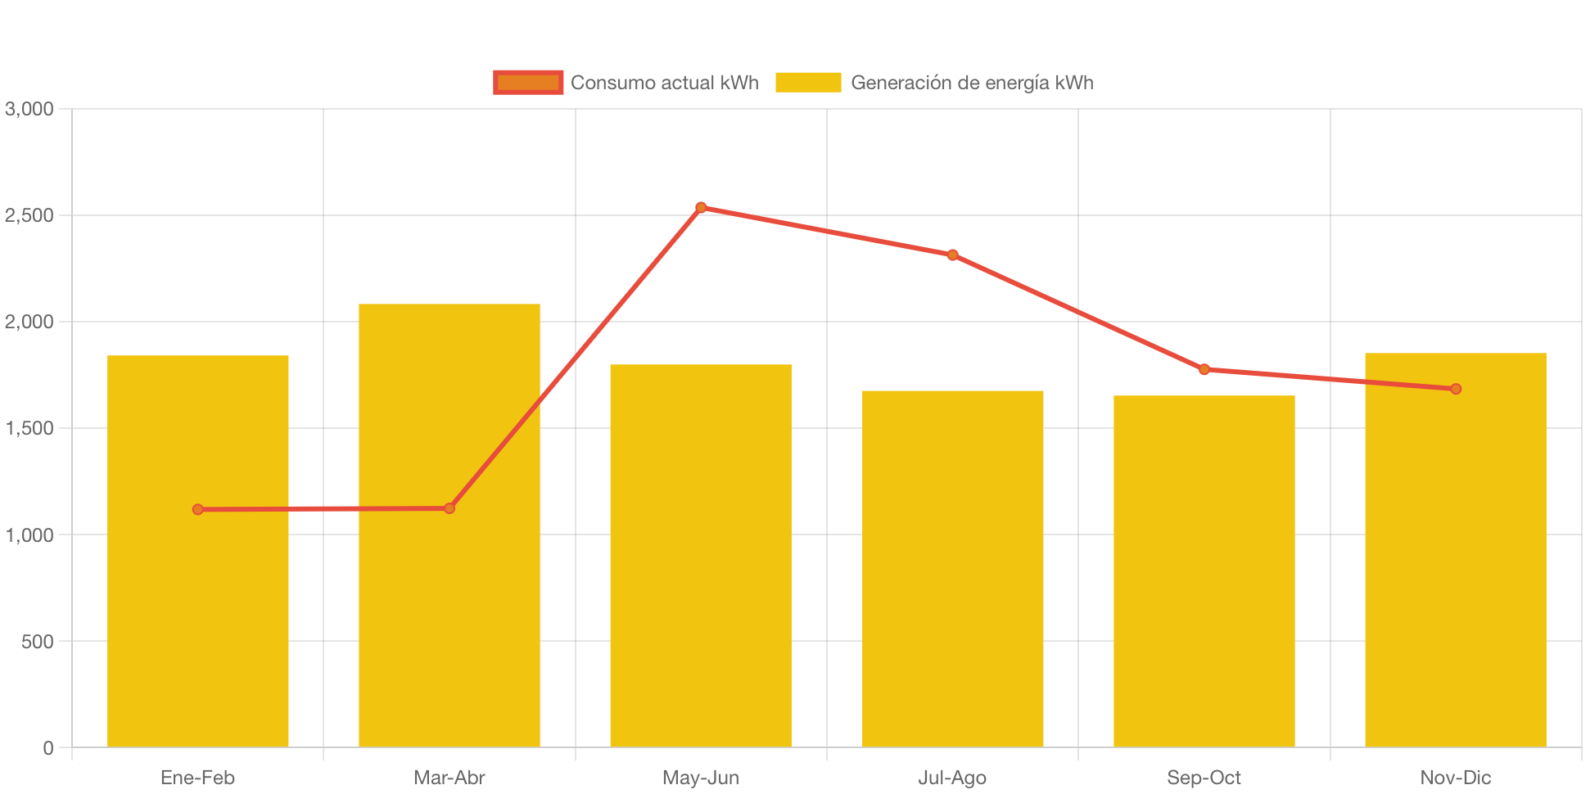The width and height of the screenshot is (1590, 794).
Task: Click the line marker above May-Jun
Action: (701, 207)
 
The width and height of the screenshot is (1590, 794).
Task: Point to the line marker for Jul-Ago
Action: (952, 255)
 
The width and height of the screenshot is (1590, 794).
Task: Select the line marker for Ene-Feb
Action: (197, 509)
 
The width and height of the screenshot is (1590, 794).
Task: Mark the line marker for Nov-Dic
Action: (1456, 389)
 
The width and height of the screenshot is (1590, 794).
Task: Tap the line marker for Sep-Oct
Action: (1204, 369)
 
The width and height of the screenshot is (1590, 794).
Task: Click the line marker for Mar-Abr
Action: (449, 508)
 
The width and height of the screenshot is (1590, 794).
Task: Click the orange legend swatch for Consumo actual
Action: (528, 83)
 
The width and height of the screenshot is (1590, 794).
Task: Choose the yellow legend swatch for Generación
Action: (808, 83)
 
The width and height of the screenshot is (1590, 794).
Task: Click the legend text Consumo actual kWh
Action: (664, 83)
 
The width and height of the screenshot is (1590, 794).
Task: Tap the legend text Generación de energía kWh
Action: (972, 83)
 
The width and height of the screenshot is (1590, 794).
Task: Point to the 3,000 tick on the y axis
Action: (29, 109)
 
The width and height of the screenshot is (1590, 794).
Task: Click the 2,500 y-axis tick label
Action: (29, 215)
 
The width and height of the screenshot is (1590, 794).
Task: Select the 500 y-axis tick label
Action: (38, 641)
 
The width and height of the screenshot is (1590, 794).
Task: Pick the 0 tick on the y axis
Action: (48, 747)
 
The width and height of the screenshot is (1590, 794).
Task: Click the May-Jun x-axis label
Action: (701, 777)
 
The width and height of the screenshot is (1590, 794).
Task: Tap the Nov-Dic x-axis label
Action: (1456, 777)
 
